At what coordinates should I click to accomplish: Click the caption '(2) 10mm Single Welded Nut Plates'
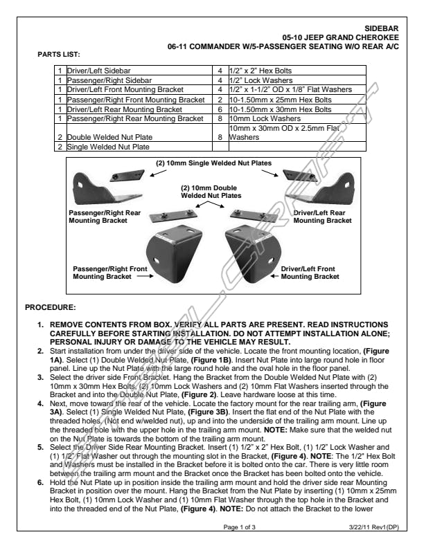pyautogui.click(x=214, y=164)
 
